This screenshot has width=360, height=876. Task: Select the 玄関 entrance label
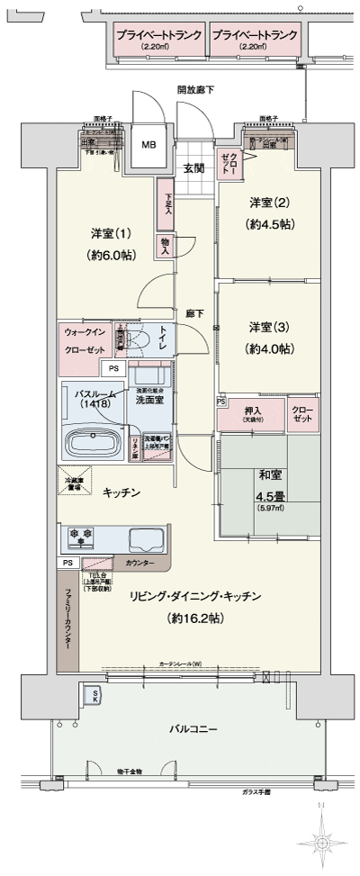click(x=194, y=167)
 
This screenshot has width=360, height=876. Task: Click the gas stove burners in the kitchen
click(x=84, y=537)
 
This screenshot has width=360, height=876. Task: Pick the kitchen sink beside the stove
click(x=144, y=539)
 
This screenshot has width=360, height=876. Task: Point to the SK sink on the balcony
click(x=92, y=694)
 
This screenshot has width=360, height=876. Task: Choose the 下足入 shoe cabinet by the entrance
click(x=166, y=197)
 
